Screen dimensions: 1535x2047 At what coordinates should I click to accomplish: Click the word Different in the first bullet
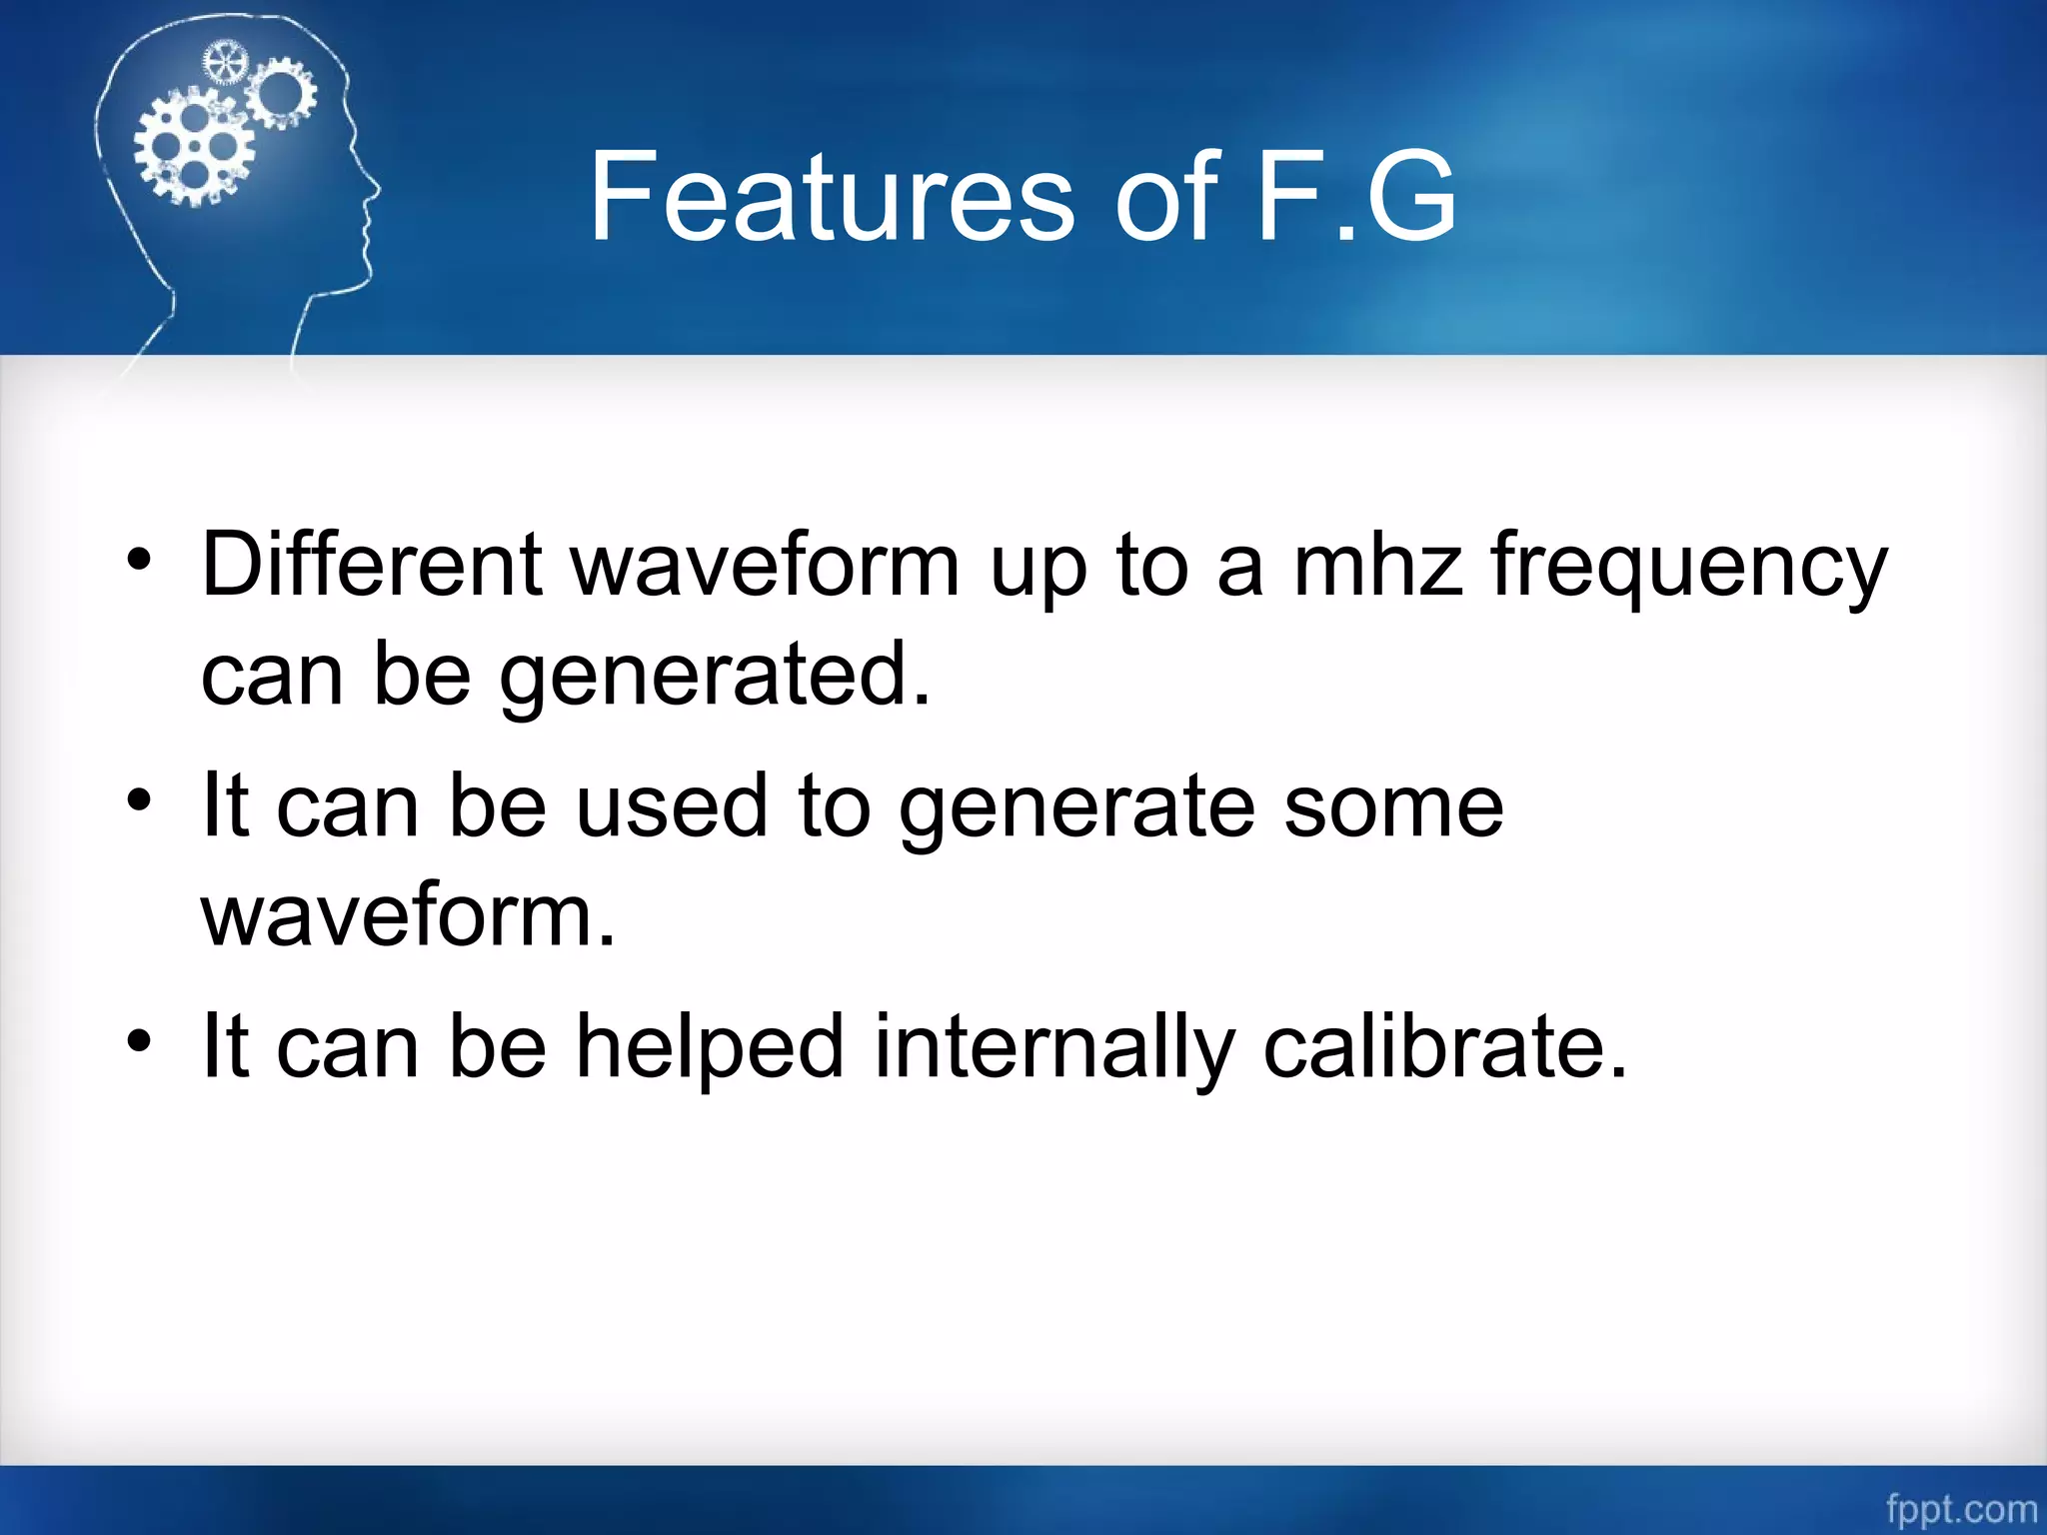372,566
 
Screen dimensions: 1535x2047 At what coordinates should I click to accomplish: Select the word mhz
1378,566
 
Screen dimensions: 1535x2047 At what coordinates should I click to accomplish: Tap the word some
1393,807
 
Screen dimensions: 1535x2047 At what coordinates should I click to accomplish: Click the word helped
711,1047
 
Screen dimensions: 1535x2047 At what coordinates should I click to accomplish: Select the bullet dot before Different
140,559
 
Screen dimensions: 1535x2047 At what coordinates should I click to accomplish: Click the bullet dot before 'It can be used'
140,799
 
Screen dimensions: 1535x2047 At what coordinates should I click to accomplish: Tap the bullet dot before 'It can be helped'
140,1040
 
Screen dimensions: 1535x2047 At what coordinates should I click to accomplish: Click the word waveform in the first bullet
765,566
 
